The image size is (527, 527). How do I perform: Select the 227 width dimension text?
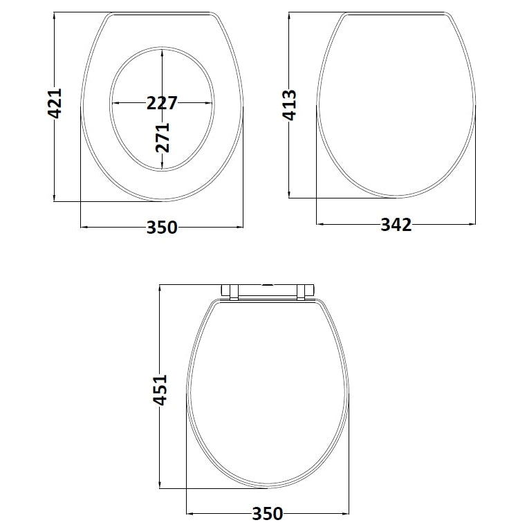[x=162, y=103]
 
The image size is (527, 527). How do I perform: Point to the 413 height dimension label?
[x=290, y=104]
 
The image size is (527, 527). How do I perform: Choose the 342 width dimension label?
[x=396, y=225]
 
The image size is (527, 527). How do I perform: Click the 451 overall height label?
[x=160, y=391]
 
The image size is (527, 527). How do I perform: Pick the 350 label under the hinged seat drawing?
[x=267, y=514]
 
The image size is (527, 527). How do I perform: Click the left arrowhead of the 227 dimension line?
[x=114, y=103]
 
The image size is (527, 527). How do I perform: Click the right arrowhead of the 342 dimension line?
[x=473, y=224]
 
